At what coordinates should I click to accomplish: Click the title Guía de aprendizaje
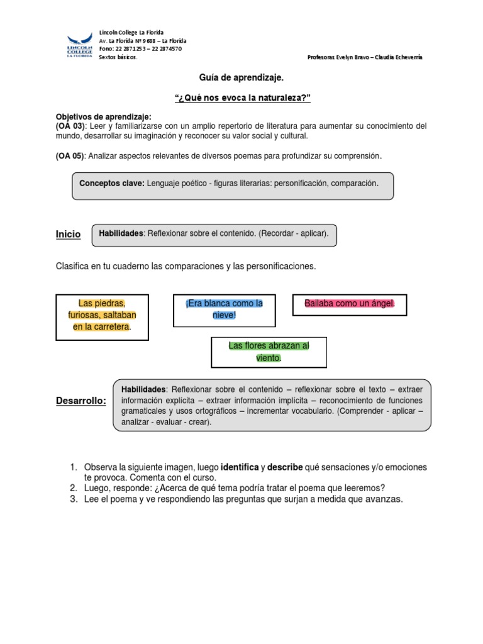pyautogui.click(x=241, y=77)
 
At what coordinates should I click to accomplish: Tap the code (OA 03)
pyautogui.click(x=70, y=126)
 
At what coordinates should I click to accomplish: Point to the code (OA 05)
pyautogui.click(x=70, y=156)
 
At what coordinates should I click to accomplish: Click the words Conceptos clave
pyautogui.click(x=112, y=183)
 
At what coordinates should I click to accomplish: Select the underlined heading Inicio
pyautogui.click(x=69, y=234)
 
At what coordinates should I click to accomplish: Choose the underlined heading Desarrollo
pyautogui.click(x=81, y=401)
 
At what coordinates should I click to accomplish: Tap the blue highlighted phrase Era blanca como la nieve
pyautogui.click(x=225, y=309)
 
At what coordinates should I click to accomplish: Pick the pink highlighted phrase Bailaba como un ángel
pyautogui.click(x=350, y=304)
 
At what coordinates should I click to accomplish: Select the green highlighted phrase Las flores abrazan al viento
pyautogui.click(x=269, y=352)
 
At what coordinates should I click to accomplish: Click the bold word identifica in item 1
pyautogui.click(x=240, y=467)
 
